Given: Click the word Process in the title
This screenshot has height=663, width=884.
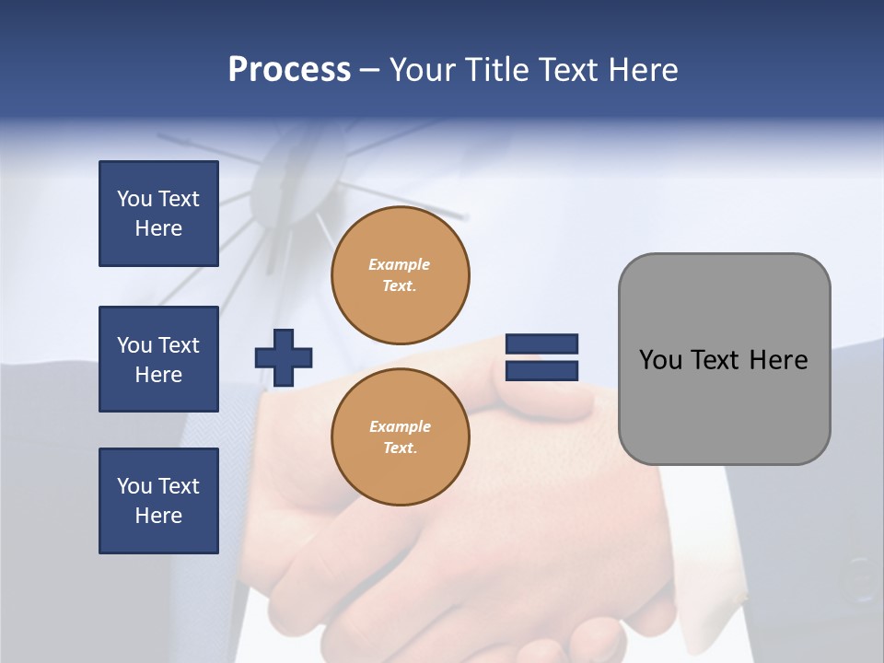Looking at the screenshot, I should tap(289, 70).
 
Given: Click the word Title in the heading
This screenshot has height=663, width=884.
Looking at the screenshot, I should tap(495, 70).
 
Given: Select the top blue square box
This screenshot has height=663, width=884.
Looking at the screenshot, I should tap(158, 214).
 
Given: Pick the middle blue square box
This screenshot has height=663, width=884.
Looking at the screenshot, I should tap(158, 359).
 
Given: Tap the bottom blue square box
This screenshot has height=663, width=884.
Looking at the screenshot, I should tap(158, 501).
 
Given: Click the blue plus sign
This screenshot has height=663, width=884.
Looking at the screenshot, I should tap(284, 357).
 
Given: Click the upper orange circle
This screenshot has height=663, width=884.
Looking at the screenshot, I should tap(400, 275).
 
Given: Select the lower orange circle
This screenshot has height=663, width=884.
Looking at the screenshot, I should tap(400, 437).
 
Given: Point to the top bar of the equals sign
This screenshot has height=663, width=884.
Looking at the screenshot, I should tap(541, 344).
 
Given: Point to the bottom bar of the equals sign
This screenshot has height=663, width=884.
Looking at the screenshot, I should tap(541, 371).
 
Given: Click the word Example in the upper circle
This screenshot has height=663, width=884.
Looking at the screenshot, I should tap(400, 264).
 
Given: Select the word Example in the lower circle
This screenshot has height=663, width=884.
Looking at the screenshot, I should tap(400, 426).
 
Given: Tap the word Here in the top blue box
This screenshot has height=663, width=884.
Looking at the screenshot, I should tap(158, 228).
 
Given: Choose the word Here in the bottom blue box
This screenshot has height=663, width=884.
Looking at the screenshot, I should tap(158, 516).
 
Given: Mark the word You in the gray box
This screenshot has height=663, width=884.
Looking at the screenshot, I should tap(660, 360).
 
